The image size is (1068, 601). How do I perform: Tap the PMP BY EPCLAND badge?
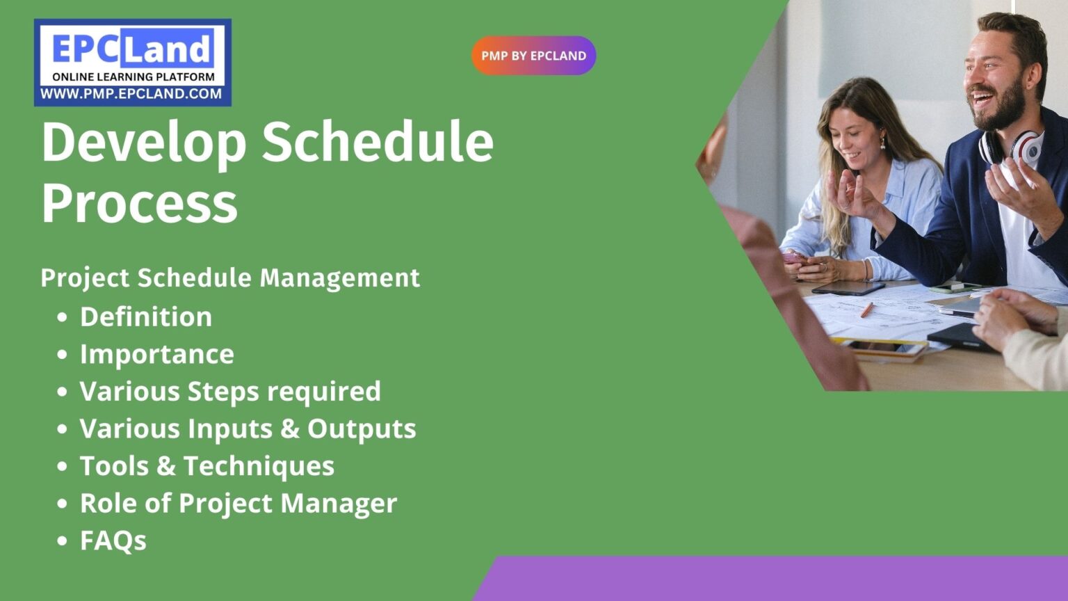533,56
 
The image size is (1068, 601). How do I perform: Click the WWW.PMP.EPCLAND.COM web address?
131,94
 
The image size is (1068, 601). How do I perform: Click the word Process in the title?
139,203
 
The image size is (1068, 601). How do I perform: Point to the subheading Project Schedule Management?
230,278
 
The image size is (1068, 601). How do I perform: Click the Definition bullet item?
146,317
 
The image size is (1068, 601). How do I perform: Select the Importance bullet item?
157,354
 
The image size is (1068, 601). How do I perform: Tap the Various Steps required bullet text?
230,392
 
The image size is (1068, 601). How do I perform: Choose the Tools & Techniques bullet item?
207,466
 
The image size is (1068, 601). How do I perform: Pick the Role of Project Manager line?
238,503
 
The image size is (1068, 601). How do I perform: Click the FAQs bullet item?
113,540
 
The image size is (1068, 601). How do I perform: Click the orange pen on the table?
866,310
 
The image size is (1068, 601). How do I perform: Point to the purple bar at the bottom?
772,579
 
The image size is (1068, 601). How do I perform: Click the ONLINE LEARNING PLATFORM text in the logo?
133,77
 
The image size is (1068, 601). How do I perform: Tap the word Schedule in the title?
377,143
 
